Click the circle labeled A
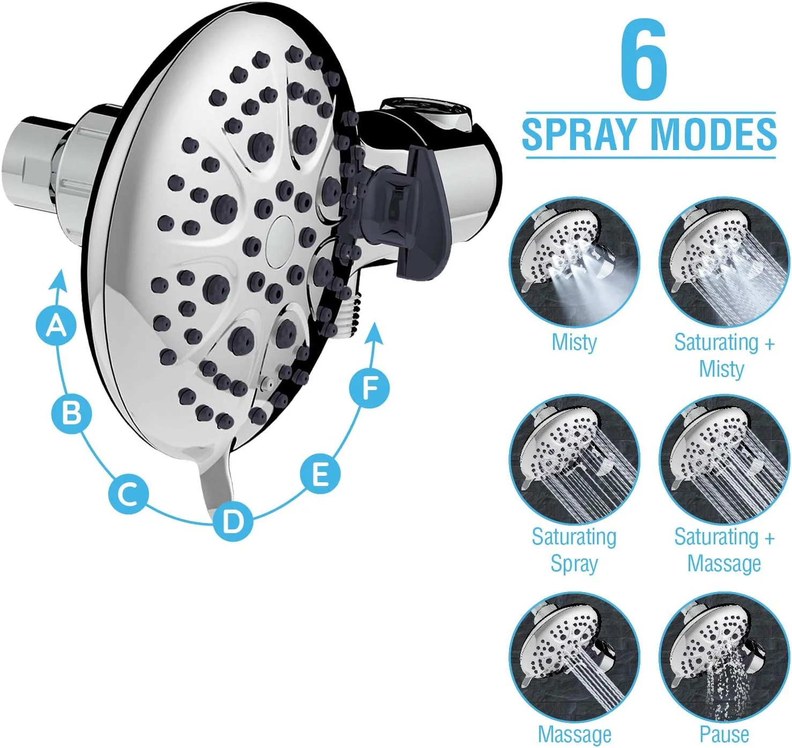pyautogui.click(x=56, y=326)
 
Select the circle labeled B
pyautogui.click(x=72, y=413)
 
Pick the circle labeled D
pyautogui.click(x=233, y=521)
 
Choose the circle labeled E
pyautogui.click(x=320, y=474)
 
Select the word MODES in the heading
pyautogui.click(x=714, y=133)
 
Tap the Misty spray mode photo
pyautogui.click(x=574, y=261)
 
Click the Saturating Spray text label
pyautogui.click(x=574, y=550)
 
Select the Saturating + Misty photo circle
pyautogui.click(x=724, y=261)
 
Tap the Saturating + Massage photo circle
pyautogui.click(x=724, y=459)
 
